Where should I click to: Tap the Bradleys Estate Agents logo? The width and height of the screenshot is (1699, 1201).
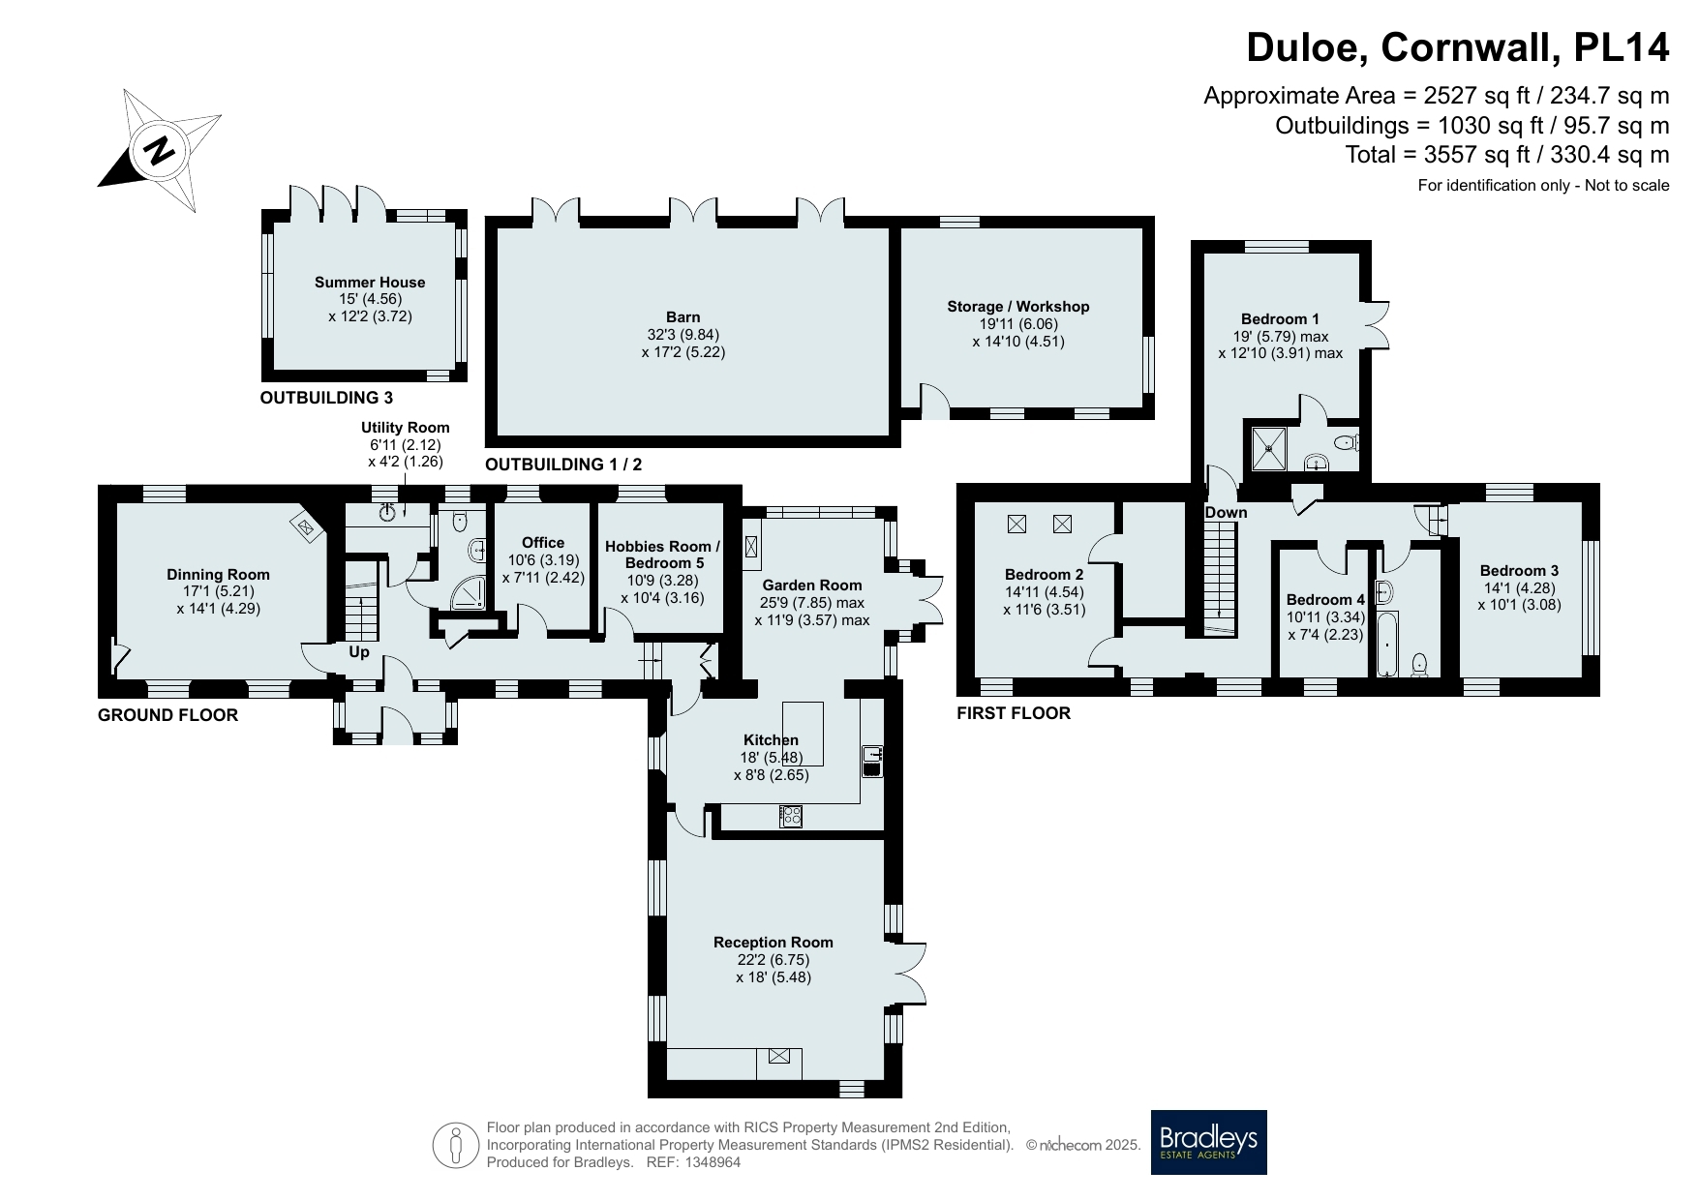1208,1142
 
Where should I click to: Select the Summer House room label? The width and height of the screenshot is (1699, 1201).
370,283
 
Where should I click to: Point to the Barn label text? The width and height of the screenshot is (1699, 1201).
683,317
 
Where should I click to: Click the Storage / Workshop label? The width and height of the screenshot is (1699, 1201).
1018,307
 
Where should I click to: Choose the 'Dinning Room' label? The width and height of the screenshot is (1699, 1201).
219,575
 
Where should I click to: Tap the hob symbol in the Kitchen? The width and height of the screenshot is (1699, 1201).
791,816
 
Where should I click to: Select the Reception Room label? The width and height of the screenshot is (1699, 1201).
774,943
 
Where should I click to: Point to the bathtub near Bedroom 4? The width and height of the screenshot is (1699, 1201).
1387,644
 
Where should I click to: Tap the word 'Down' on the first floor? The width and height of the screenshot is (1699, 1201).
1227,513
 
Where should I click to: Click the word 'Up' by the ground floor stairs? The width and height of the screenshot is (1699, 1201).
359,652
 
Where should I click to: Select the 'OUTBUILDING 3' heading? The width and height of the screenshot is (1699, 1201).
326,398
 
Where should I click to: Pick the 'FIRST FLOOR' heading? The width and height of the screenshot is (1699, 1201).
1014,713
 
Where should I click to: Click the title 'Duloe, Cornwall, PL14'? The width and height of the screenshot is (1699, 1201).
1458,46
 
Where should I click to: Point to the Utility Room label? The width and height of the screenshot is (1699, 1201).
406,428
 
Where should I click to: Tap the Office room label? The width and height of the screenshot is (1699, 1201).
543,543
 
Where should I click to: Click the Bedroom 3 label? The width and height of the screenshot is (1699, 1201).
1519,571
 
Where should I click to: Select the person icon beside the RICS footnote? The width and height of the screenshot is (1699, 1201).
456,1146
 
